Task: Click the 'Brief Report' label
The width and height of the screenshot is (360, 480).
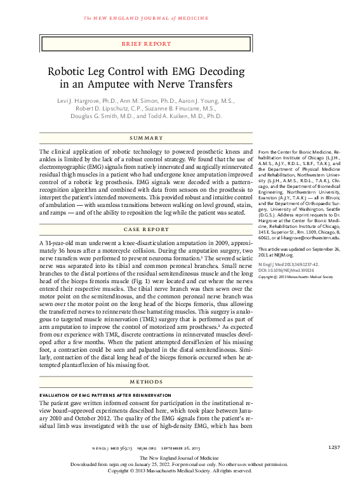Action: click(146, 44)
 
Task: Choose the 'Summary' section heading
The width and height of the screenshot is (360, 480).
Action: click(146, 138)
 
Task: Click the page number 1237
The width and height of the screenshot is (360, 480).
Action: click(335, 447)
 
